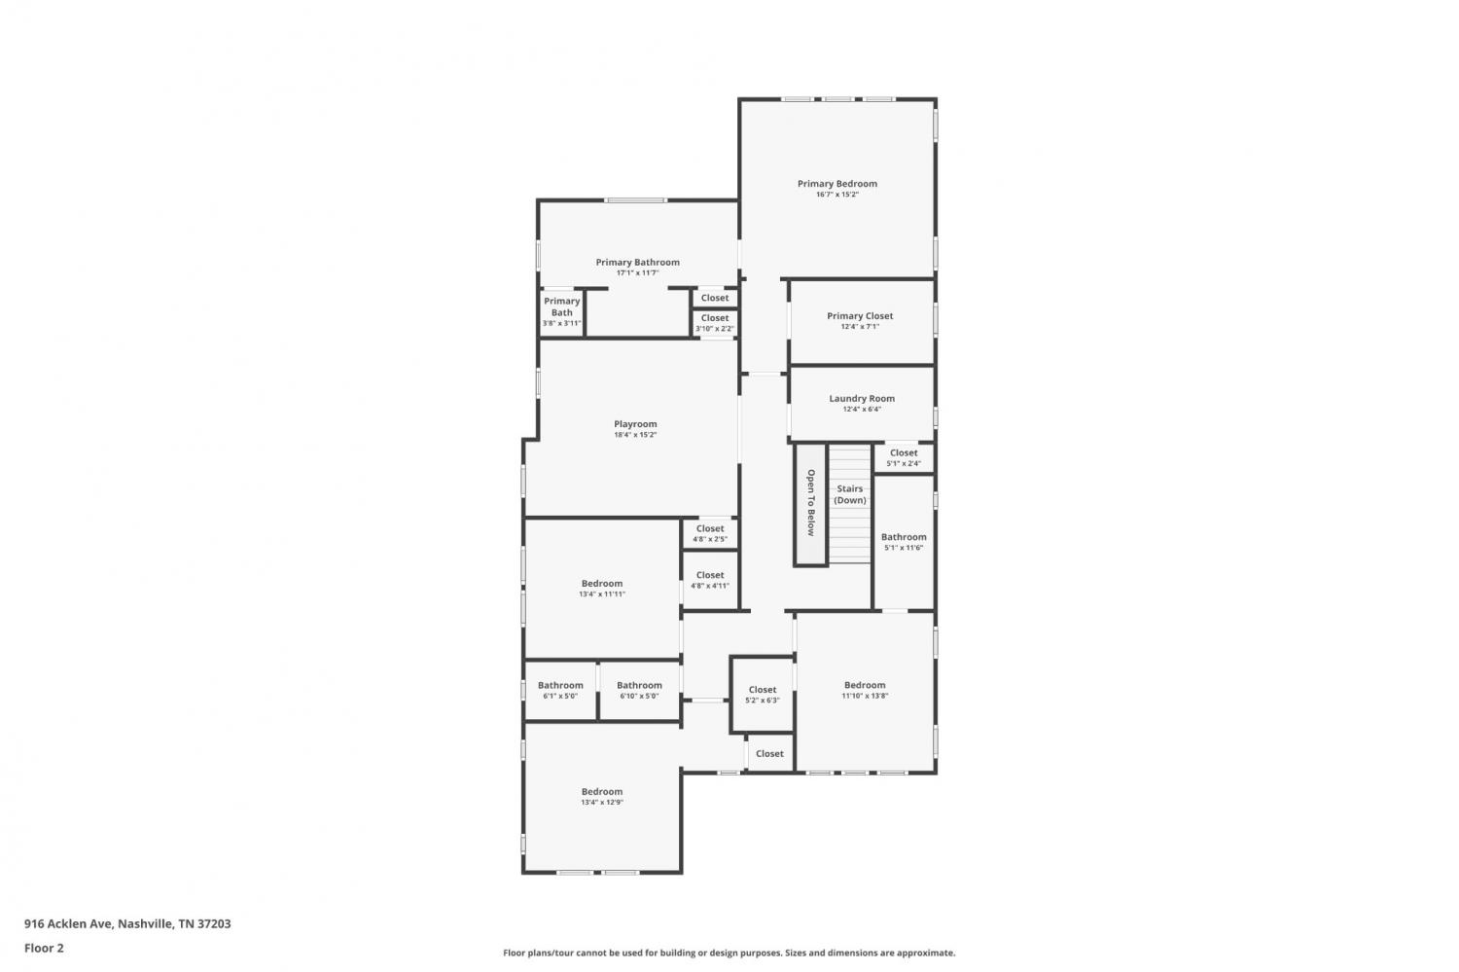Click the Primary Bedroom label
coord(836,184)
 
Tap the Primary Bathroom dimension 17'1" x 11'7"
coord(638,273)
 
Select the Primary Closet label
coord(860,316)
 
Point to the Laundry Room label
coord(862,398)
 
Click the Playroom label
coord(635,424)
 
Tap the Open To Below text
coord(811,503)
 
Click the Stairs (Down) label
coord(850,494)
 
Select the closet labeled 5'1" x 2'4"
coord(904,457)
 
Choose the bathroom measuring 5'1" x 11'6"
coord(904,542)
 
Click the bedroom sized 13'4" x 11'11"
coord(602,589)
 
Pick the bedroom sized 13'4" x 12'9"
coord(602,797)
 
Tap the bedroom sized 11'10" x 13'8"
coord(865,690)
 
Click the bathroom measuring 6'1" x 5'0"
coord(560,690)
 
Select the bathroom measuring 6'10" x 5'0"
coord(639,690)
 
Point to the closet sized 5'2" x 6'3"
coord(762,695)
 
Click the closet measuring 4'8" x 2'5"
coord(710,533)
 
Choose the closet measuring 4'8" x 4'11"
coord(710,580)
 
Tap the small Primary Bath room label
coord(561,306)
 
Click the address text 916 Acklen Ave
coord(69,923)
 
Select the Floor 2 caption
coord(45,948)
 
